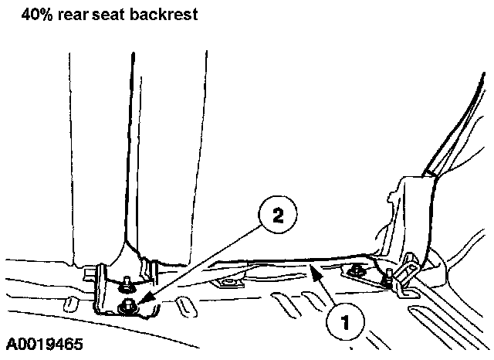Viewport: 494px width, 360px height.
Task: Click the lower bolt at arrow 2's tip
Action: (x=123, y=309)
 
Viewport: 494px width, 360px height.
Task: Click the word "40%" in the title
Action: (x=38, y=13)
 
